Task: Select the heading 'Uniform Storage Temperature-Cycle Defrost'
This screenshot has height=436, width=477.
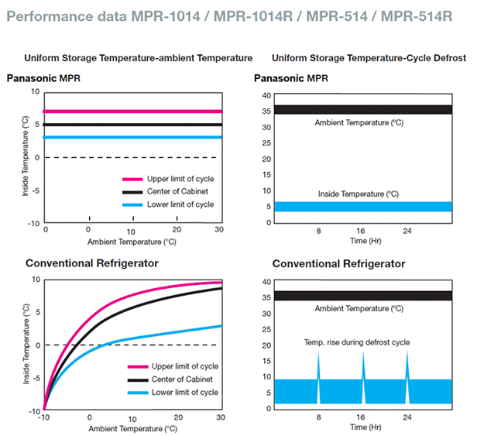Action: click(x=369, y=58)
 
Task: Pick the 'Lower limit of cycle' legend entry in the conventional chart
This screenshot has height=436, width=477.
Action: click(x=183, y=393)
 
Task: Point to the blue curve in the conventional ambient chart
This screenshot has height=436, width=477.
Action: click(x=155, y=334)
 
